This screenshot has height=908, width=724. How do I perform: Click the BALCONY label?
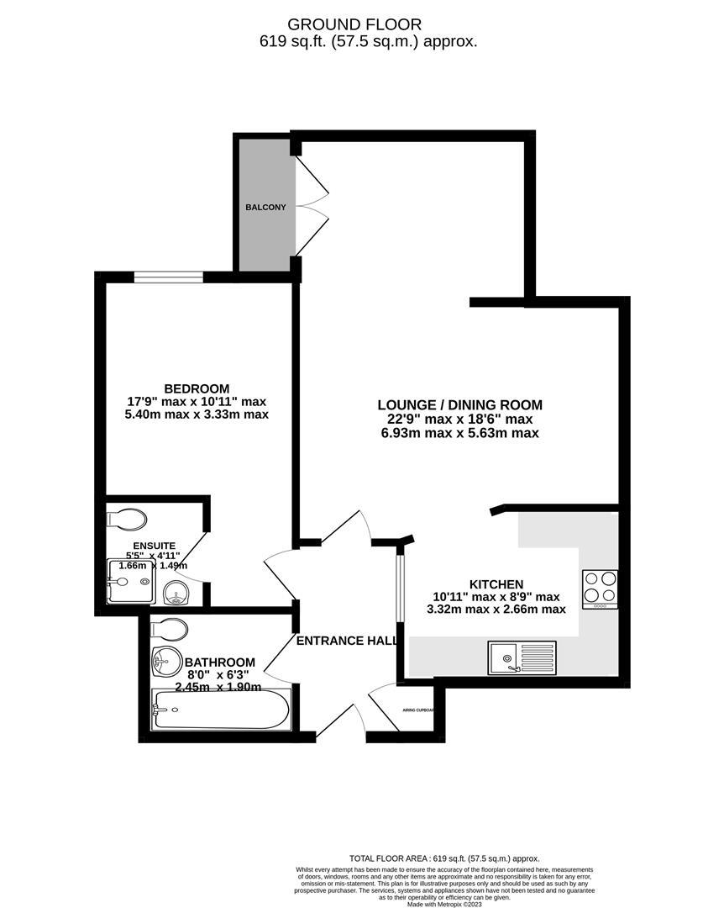(x=266, y=207)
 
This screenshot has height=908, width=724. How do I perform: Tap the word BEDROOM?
(x=197, y=388)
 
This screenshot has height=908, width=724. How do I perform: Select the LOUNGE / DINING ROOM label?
(x=459, y=404)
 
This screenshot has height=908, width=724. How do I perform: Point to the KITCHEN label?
(x=496, y=584)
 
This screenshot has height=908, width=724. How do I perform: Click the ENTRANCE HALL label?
(x=347, y=641)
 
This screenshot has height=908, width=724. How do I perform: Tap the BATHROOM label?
(x=219, y=661)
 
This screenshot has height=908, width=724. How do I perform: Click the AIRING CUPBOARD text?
(x=417, y=710)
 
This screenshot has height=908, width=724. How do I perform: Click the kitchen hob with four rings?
(x=601, y=589)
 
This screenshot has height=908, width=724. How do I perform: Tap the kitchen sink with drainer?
(x=522, y=657)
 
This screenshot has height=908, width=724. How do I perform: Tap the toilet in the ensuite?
(x=127, y=519)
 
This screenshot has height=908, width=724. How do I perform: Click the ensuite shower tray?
(x=131, y=583)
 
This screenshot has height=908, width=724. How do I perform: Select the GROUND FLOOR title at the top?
(x=367, y=25)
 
